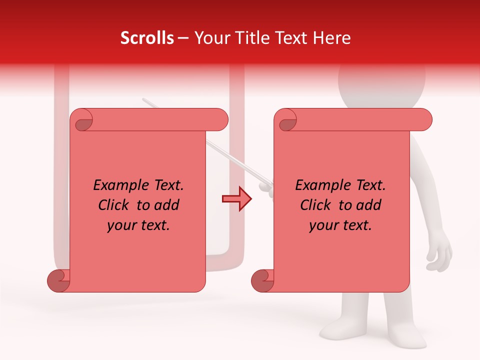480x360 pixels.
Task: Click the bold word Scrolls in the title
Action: click(x=147, y=38)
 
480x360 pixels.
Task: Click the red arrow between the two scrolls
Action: click(x=237, y=199)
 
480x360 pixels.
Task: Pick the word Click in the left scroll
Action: click(x=113, y=205)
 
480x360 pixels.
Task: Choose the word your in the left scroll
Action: click(x=122, y=225)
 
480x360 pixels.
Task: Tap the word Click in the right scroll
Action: click(x=315, y=205)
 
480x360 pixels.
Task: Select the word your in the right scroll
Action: click(x=324, y=225)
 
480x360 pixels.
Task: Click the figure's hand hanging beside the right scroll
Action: click(x=439, y=252)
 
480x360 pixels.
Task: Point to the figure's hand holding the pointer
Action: click(x=266, y=187)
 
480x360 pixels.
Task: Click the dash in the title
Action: click(x=183, y=38)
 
